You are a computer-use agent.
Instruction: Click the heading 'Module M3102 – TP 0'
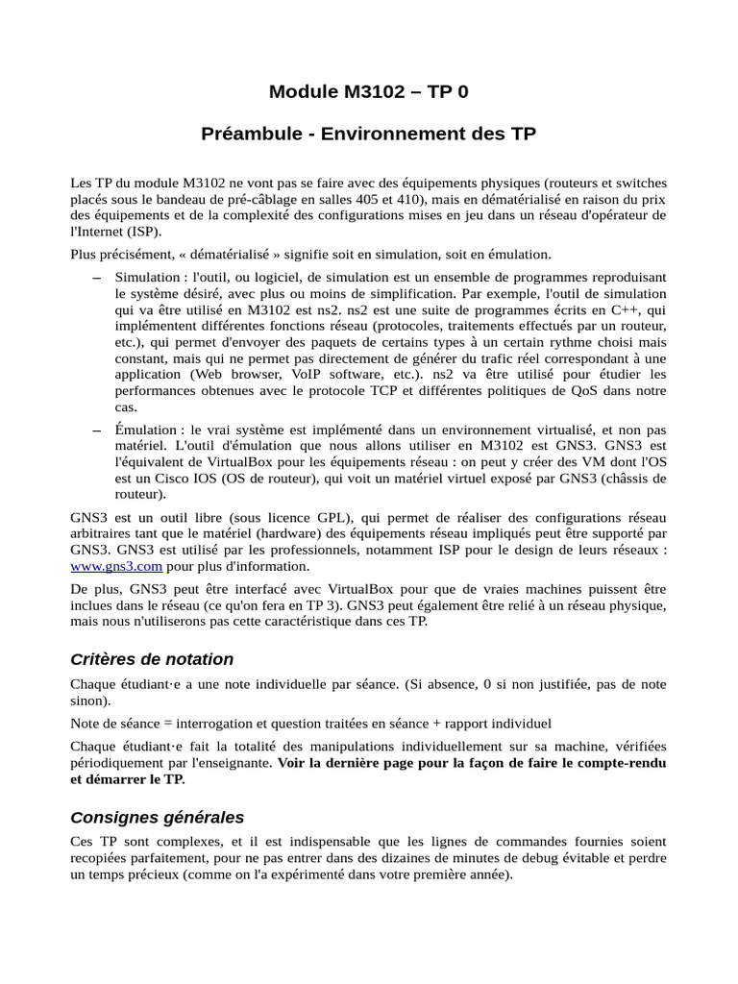coord(369,92)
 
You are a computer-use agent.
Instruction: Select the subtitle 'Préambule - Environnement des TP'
coord(369,135)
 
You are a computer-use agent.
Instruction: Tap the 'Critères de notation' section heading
coord(152,659)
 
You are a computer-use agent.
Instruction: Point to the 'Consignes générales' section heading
coord(158,818)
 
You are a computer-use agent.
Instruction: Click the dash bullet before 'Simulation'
coord(96,278)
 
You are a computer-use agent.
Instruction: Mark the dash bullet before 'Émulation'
coord(96,430)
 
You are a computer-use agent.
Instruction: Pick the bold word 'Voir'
coord(294,763)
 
